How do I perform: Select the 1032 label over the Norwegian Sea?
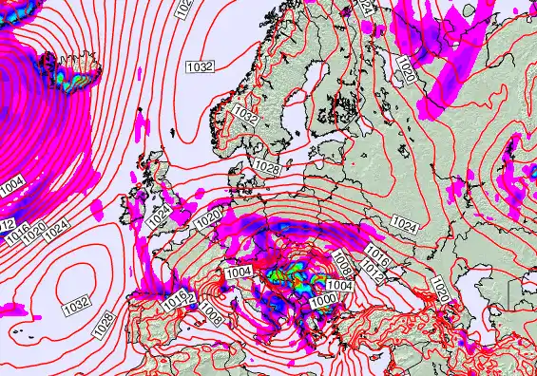click(x=201, y=66)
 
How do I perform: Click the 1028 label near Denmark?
click(x=266, y=167)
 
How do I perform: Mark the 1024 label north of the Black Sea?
click(x=403, y=223)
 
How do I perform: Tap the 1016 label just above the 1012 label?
click(x=376, y=257)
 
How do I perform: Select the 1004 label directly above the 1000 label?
click(x=339, y=285)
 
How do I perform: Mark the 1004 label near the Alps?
click(x=239, y=273)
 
